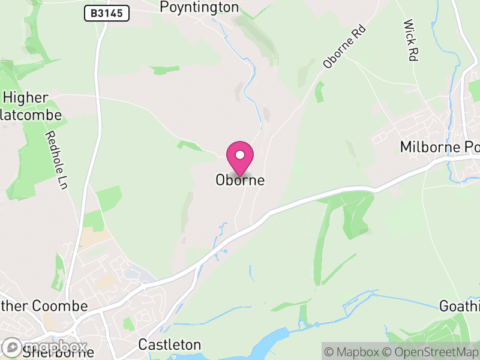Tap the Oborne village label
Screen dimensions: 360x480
tap(240, 180)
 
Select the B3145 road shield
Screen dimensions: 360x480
tap(107, 13)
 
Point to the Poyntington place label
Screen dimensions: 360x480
tap(199, 7)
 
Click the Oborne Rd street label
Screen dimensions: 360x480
tap(344, 46)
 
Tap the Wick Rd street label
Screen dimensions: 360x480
tap(411, 41)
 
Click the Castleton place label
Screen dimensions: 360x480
tap(170, 345)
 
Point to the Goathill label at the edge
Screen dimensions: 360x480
tap(460, 306)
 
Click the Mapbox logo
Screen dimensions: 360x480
tap(45, 347)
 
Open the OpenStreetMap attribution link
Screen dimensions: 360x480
tap(431, 351)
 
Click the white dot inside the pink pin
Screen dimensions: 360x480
tap(240, 155)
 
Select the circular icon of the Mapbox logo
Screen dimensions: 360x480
tap(11, 347)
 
